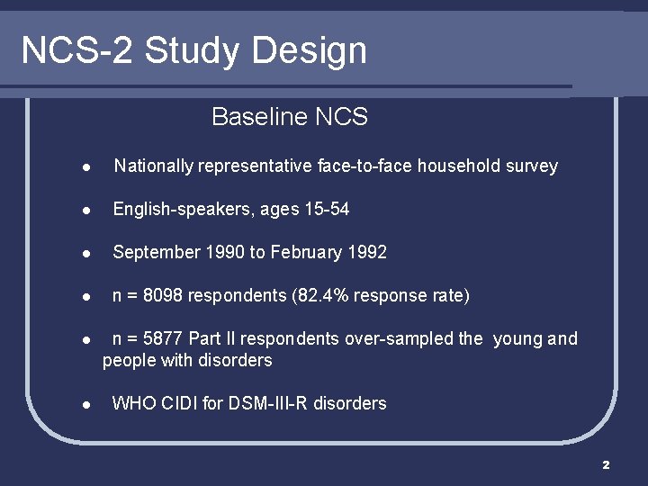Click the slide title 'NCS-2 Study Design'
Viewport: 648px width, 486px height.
[193, 50]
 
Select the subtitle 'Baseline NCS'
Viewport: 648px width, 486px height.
[289, 117]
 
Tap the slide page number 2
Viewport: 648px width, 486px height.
[606, 464]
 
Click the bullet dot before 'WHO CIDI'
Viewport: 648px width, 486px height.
[84, 405]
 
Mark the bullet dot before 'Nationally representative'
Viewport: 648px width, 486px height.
[84, 167]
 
